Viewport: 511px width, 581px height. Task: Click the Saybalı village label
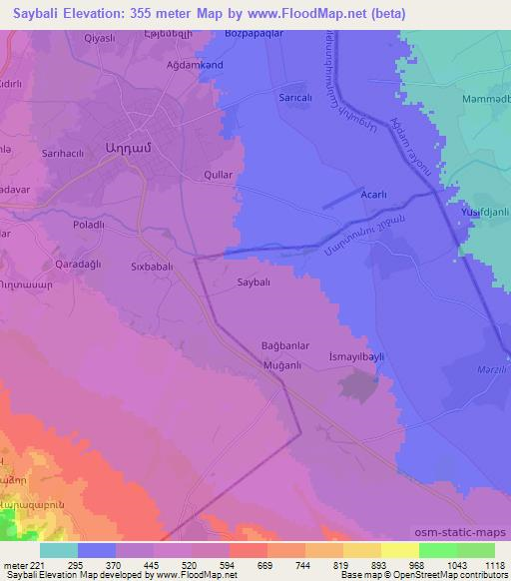(x=254, y=284)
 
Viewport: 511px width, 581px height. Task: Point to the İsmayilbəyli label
(x=355, y=356)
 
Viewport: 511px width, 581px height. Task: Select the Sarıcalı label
(x=294, y=101)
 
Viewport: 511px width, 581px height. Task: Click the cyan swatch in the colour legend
(x=60, y=550)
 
